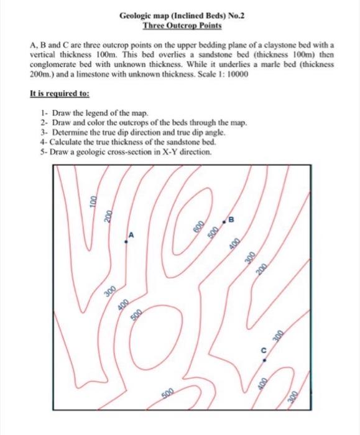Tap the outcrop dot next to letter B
tap(225, 221)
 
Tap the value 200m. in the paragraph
tap(42, 73)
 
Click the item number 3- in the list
tap(43, 132)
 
